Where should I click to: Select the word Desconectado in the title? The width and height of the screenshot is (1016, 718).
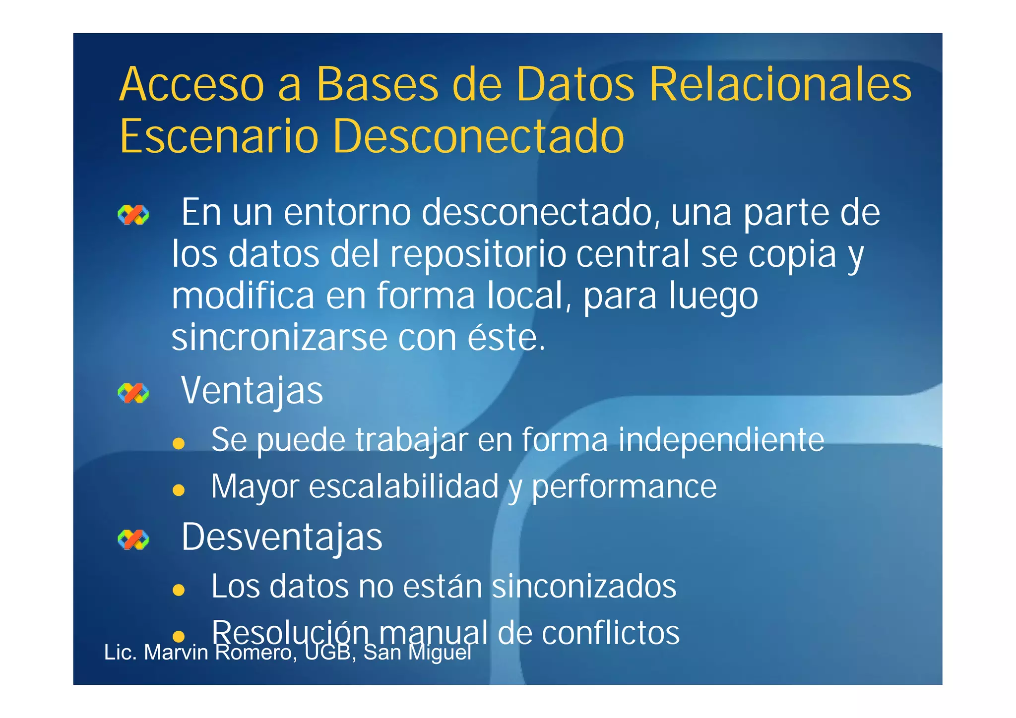(478, 136)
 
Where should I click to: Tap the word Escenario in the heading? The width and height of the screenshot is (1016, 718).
(219, 136)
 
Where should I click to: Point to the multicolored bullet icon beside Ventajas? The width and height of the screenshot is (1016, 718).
(133, 393)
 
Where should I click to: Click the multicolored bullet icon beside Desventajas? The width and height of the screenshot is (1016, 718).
(133, 539)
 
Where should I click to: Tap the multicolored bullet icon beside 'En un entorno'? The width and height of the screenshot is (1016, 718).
(133, 215)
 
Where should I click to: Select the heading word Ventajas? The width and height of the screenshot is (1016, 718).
(252, 391)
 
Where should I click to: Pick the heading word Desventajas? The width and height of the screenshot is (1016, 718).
(282, 537)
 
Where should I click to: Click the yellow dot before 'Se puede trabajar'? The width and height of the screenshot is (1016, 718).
(179, 443)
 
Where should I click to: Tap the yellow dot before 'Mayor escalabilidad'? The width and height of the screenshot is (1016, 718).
(179, 490)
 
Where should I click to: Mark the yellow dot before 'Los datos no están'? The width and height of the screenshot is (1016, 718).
(179, 590)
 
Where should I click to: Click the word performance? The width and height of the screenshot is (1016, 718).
(624, 487)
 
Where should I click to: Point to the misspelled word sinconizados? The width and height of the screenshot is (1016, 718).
(584, 587)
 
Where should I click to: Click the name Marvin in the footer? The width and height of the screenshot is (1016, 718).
(176, 653)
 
